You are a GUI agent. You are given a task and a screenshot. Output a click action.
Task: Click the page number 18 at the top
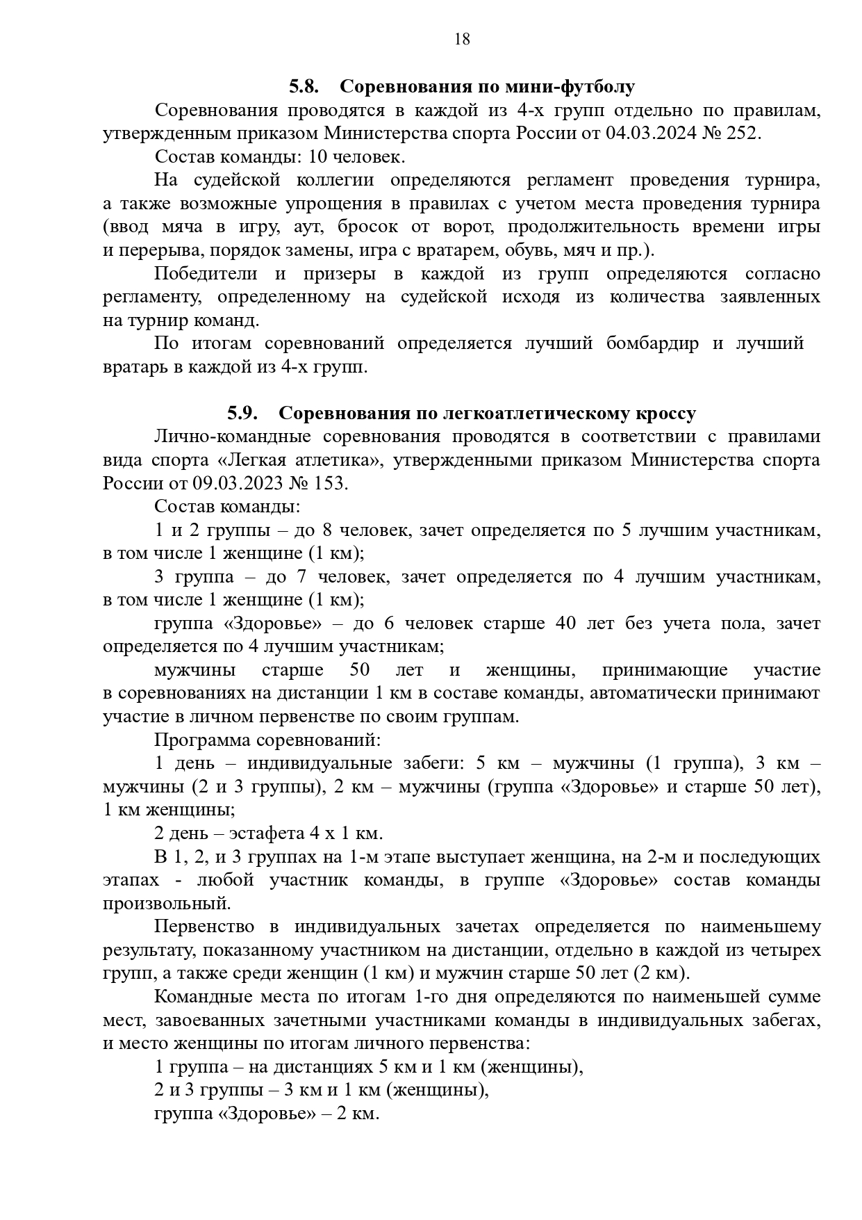462,40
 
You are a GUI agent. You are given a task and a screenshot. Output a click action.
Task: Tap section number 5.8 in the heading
304,87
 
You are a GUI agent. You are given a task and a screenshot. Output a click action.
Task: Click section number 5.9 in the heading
242,413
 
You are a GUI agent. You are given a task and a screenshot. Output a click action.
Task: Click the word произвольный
167,903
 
